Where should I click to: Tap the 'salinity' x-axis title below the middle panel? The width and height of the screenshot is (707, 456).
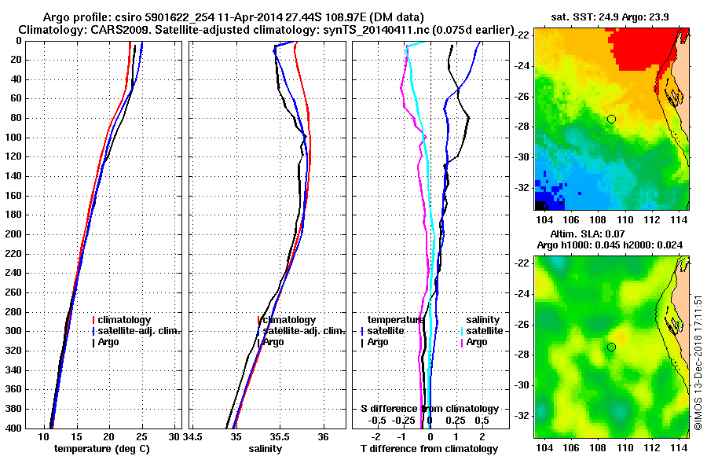[266, 449]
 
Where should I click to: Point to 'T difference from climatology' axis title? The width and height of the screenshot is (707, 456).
[430, 449]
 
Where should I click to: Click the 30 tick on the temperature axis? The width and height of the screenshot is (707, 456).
[174, 436]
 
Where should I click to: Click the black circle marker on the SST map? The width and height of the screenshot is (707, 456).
[611, 119]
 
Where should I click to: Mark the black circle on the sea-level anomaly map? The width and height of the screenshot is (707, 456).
[611, 347]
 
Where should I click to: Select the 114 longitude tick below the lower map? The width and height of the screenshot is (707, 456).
[683, 447]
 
